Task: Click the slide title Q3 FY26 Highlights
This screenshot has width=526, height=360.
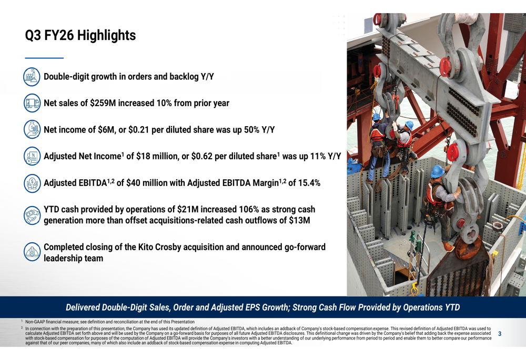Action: coord(80,36)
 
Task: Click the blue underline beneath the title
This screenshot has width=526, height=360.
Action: coord(44,58)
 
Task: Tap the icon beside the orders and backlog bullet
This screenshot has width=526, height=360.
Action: coord(33,77)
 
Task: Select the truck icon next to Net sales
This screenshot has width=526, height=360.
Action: coord(33,103)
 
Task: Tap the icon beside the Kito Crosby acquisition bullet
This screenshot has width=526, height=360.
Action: coord(33,252)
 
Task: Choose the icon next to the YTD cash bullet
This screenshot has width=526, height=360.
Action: coord(33,215)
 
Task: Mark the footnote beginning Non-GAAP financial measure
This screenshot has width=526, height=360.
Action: coord(110,322)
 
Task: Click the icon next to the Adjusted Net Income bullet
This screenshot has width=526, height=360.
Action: coord(33,156)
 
